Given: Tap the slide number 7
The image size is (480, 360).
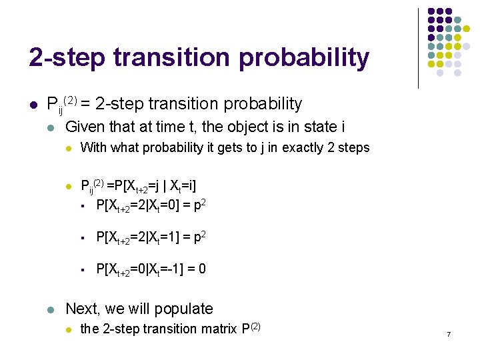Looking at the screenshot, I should [x=449, y=333].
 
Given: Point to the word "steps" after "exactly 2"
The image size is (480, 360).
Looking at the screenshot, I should [x=352, y=148].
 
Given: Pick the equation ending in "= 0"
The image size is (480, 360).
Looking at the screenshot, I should [x=151, y=269].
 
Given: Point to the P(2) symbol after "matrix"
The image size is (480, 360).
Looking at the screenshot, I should [x=250, y=327].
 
